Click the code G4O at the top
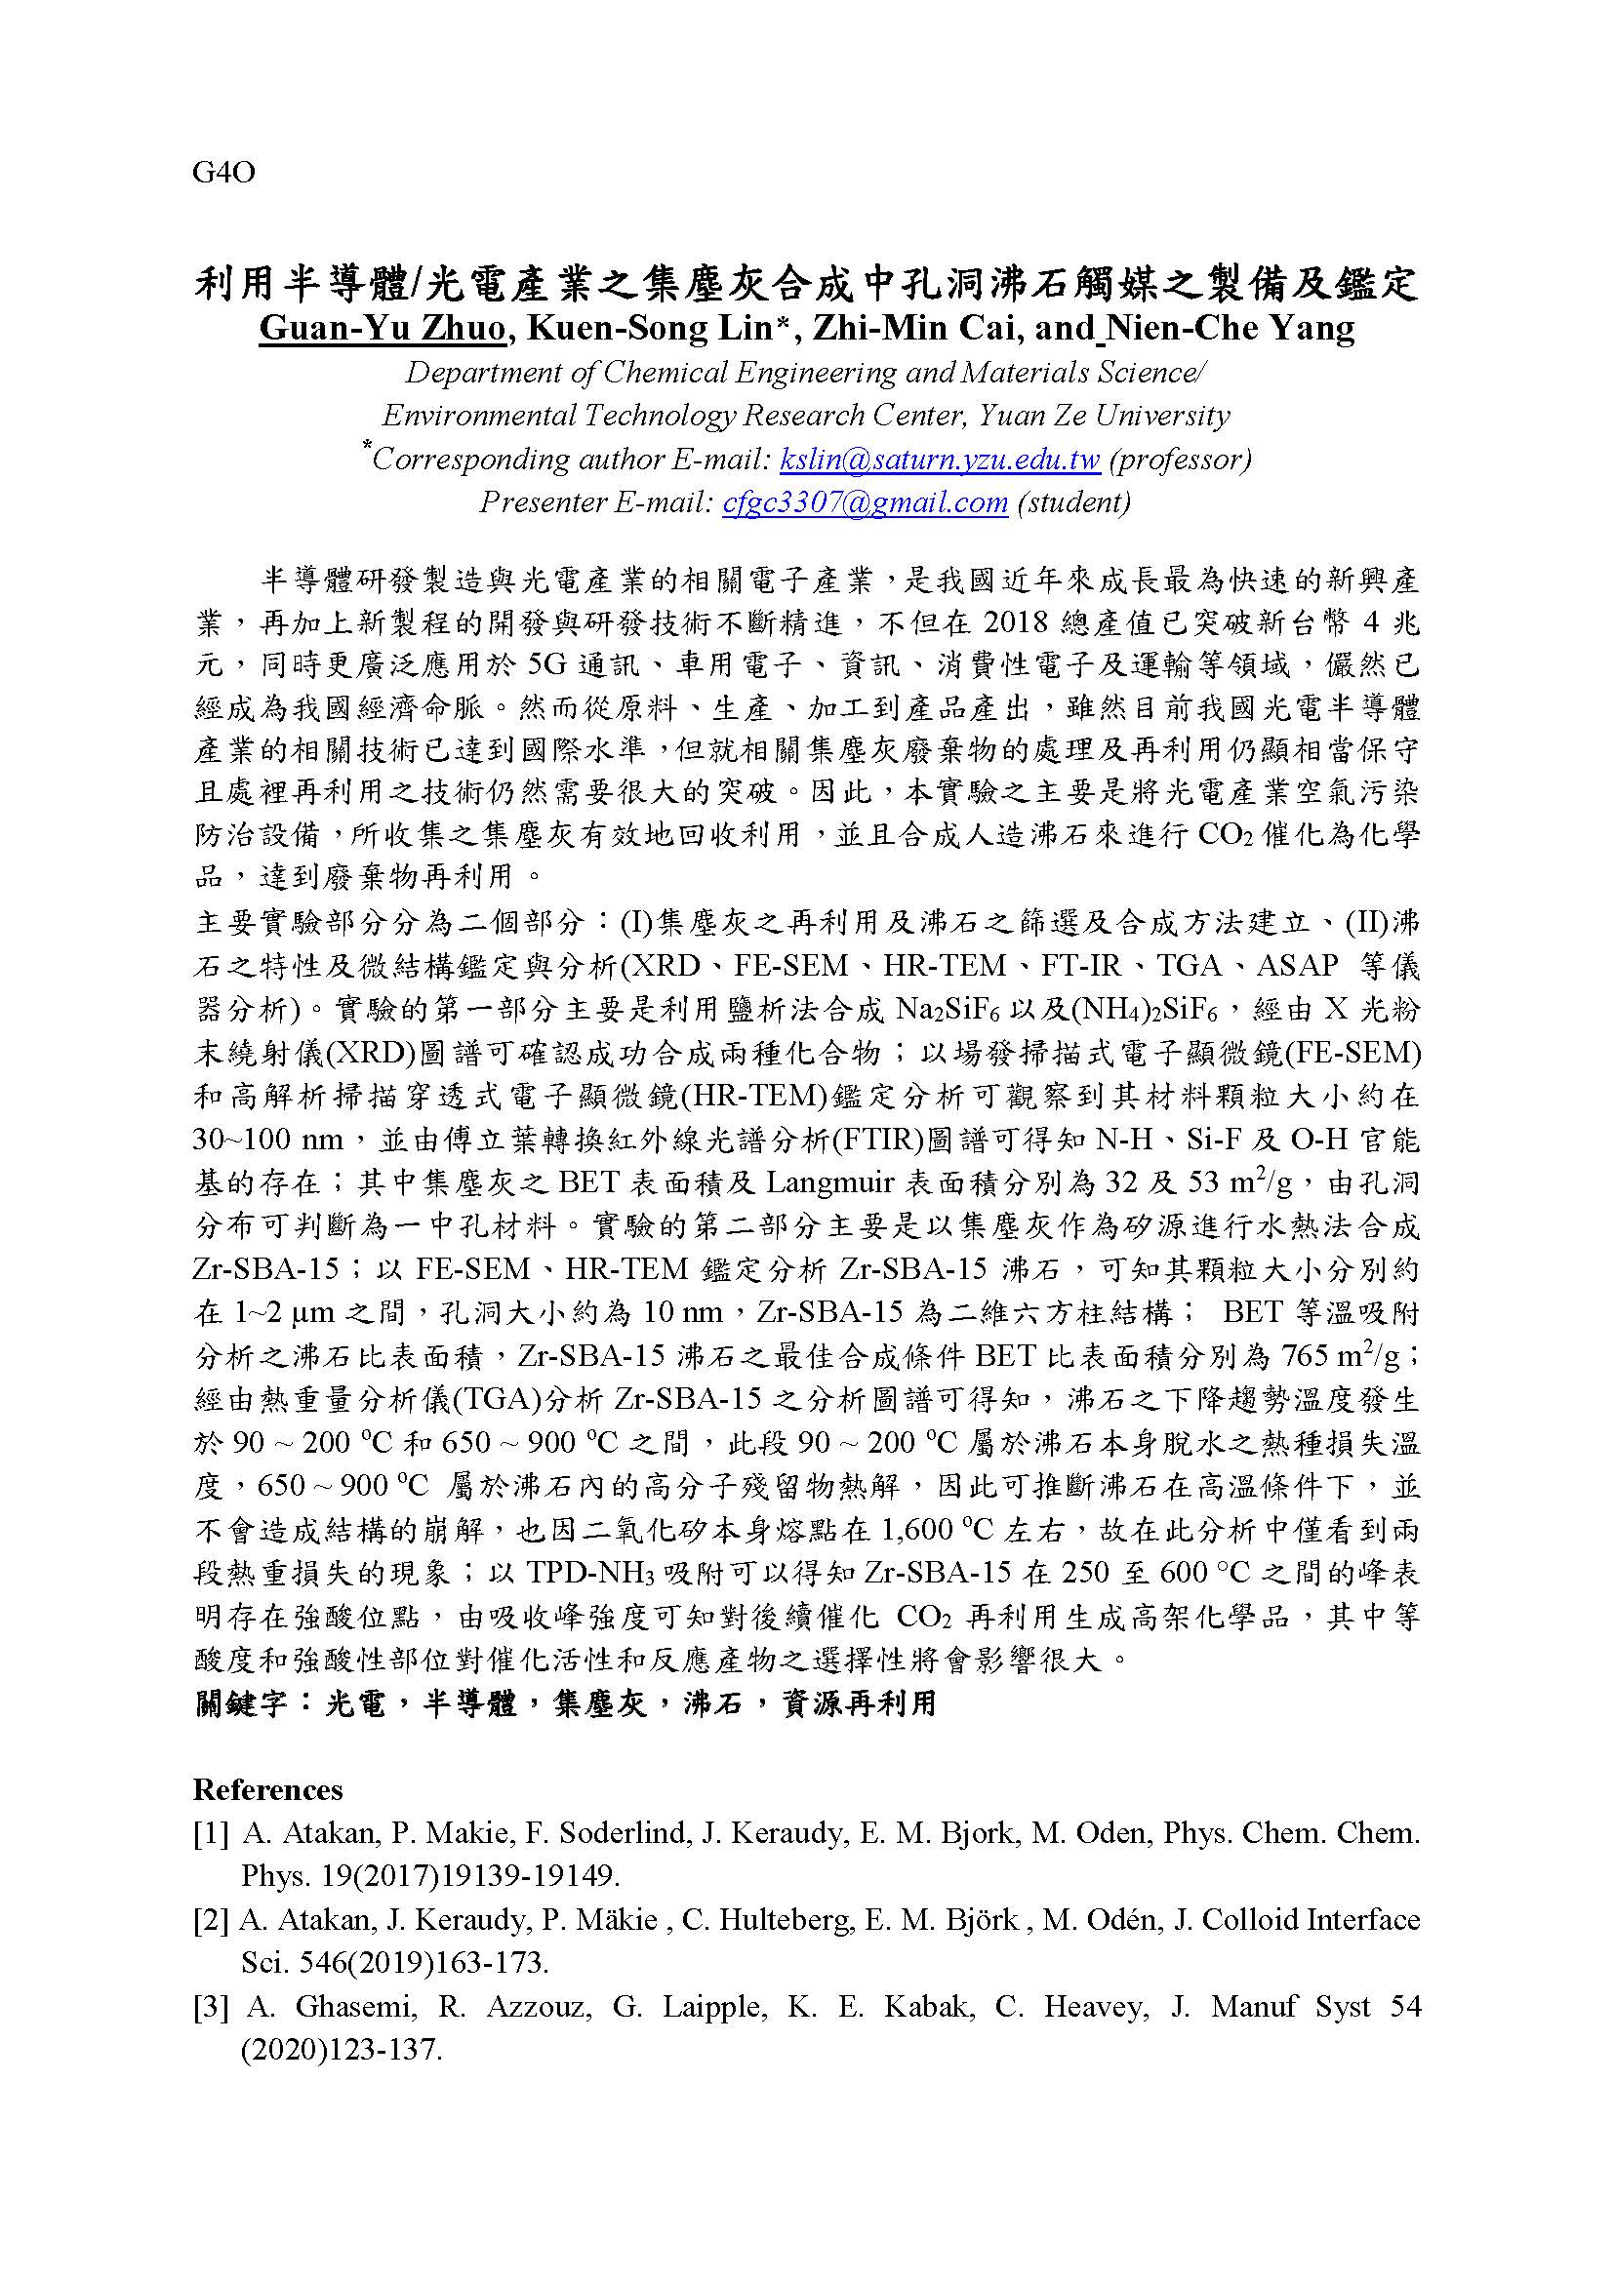click(x=223, y=173)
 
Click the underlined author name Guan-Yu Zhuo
click(x=382, y=328)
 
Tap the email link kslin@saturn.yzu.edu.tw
click(x=940, y=460)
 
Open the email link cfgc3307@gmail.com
click(x=866, y=501)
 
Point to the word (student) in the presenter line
click(x=1074, y=501)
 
